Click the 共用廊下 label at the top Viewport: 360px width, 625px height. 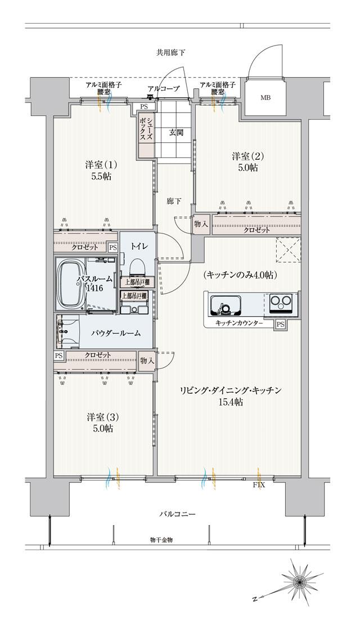coord(171,52)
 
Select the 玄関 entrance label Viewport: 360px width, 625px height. coord(176,133)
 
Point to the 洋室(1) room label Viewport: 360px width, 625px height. coord(101,164)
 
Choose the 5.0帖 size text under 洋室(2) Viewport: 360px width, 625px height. coord(247,168)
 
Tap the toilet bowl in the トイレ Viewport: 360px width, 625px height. coord(136,267)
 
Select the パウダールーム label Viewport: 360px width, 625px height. coord(116,332)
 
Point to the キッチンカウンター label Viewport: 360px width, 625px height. coord(239,324)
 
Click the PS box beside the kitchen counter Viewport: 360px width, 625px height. coord(280,324)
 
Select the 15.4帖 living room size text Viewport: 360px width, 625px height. coord(231,402)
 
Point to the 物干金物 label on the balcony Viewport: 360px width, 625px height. coord(161,540)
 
